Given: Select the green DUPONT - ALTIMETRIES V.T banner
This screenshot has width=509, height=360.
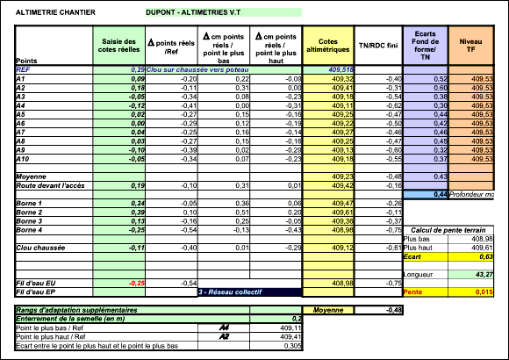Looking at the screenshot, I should pos(223,13).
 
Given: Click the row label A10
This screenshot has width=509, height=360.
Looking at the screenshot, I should pos(25,159).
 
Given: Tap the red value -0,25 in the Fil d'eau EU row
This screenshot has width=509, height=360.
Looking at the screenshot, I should pos(136,284).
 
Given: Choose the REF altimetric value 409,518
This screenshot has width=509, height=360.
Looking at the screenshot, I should pos(341,68).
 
